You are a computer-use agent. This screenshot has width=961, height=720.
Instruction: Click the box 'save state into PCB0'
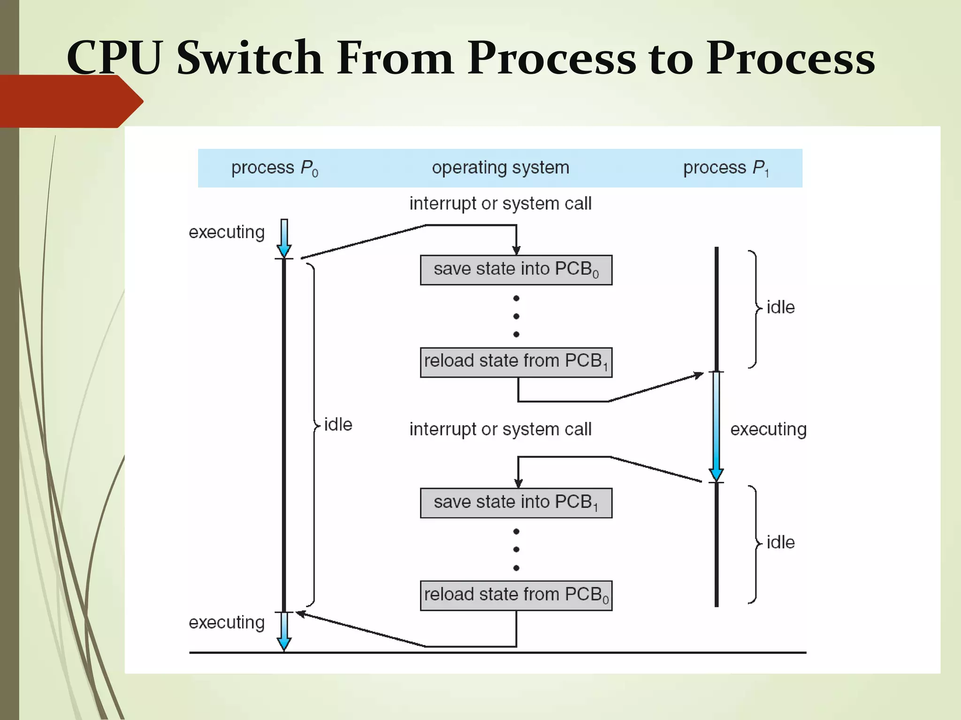pos(516,270)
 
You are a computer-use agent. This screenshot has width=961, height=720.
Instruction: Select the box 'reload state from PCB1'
pos(516,362)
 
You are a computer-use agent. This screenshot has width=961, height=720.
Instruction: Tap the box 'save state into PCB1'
pos(516,503)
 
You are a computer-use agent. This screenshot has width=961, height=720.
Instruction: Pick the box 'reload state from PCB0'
pos(516,595)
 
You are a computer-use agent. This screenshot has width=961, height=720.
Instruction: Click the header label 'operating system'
pos(500,168)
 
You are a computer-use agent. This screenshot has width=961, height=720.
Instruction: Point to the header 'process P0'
pos(275,168)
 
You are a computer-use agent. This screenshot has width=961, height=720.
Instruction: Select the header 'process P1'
pos(725,168)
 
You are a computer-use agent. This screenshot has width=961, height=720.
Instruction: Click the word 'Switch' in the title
pos(250,58)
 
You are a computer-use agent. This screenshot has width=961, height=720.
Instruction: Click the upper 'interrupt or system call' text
pos(500,204)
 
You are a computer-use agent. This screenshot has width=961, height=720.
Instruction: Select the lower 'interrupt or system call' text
pos(500,429)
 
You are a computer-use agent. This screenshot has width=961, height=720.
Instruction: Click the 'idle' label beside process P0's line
pos(338,425)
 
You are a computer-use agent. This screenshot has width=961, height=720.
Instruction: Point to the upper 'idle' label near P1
pos(780,307)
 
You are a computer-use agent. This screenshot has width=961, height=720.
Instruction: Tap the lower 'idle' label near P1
pos(780,542)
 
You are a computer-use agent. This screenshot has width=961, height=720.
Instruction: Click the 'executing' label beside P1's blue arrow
pos(768,429)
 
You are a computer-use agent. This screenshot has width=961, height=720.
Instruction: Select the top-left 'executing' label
pos(227,232)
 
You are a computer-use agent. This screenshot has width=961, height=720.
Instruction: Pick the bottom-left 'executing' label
pos(227,622)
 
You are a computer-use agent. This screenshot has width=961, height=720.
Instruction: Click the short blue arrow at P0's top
pos(284,237)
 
